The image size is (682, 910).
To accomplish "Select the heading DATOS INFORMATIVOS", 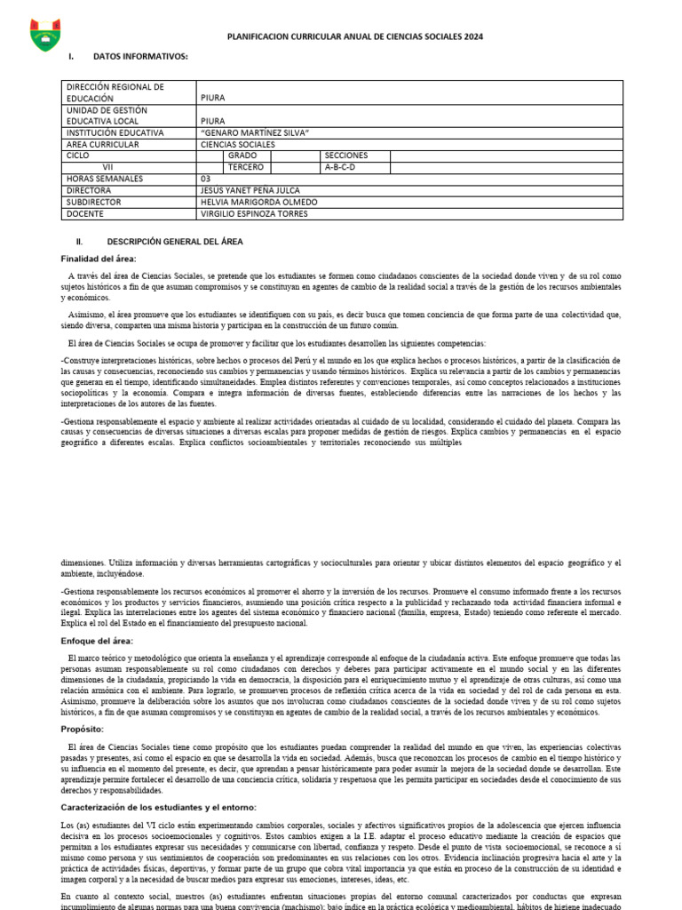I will pyautogui.click(x=140, y=57).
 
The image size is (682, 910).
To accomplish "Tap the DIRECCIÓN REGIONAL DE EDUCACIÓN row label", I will pyautogui.click(x=115, y=92).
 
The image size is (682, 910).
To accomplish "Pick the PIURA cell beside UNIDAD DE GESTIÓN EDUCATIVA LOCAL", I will pyautogui.click(x=213, y=121).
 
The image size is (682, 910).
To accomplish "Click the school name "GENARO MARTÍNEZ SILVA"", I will pyautogui.click(x=255, y=132).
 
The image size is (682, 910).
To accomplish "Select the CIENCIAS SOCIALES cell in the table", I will pyautogui.click(x=238, y=144).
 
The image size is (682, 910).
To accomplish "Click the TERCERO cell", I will pyautogui.click(x=246, y=167).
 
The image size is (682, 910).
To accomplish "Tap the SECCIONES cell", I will pyautogui.click(x=346, y=156).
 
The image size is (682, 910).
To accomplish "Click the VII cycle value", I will pyautogui.click(x=107, y=167).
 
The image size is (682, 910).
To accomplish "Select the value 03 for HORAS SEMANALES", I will pyautogui.click(x=207, y=179).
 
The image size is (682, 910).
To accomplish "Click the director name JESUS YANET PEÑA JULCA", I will pyautogui.click(x=250, y=190).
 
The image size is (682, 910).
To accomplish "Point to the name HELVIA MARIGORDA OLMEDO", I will pyautogui.click(x=258, y=202).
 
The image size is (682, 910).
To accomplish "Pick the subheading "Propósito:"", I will pyautogui.click(x=83, y=729).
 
